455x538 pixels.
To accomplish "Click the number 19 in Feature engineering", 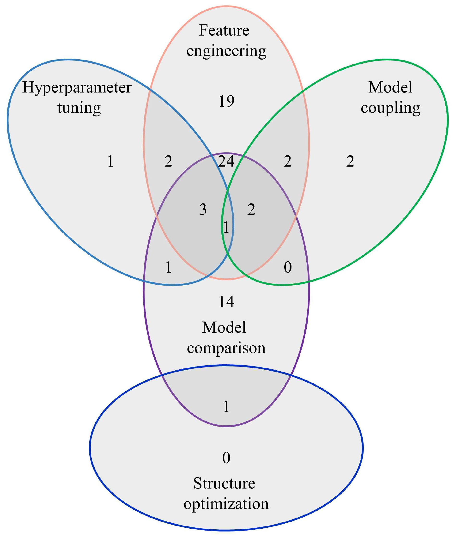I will click(x=226, y=101).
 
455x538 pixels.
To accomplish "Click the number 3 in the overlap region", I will click(x=203, y=209).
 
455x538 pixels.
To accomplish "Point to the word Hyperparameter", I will click(x=77, y=87).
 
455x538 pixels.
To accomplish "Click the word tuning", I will click(x=79, y=108).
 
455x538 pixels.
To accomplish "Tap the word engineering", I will click(x=226, y=51).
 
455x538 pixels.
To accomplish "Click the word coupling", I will click(x=390, y=108).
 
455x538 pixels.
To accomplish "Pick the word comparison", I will click(x=226, y=348).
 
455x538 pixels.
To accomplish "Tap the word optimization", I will click(x=226, y=504).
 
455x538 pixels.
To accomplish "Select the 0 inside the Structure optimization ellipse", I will click(x=226, y=458).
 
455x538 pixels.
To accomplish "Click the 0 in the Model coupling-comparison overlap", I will click(x=288, y=267).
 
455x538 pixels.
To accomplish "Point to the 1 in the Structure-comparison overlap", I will click(x=226, y=407).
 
